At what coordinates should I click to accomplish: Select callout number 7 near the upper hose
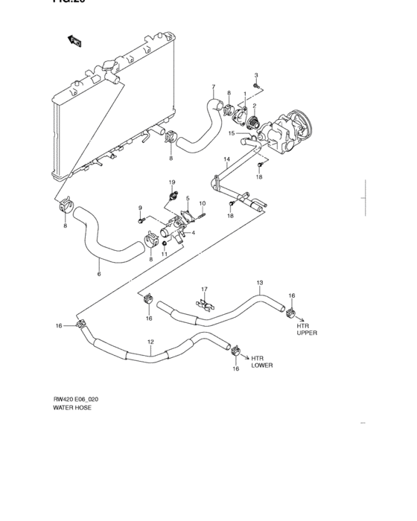[213, 87]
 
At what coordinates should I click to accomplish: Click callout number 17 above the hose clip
[203, 289]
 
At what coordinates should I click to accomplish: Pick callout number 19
[171, 182]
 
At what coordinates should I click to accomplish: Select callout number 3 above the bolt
[256, 76]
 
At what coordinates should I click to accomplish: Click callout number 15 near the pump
[232, 134]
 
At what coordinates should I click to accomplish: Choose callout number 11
[165, 255]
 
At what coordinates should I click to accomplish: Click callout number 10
[202, 203]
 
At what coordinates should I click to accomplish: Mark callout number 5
[188, 199]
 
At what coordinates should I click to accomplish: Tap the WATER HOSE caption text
[72, 409]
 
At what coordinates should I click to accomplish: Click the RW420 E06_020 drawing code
[75, 399]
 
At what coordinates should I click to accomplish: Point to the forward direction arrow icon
[74, 42]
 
